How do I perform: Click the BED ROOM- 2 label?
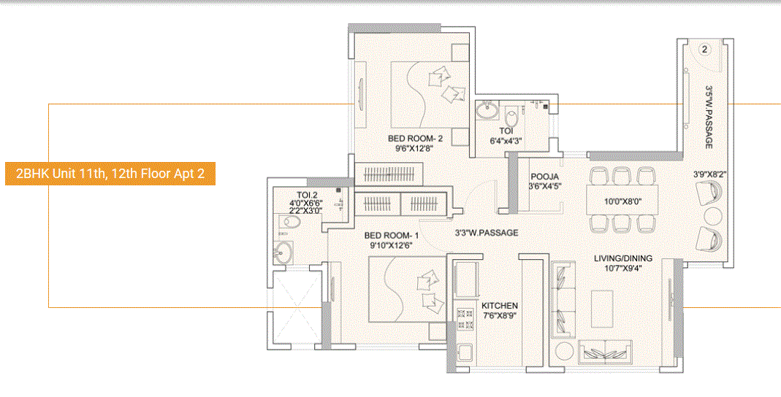[x=416, y=139]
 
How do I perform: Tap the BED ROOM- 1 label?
[x=391, y=235]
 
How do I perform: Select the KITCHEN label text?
[x=500, y=305]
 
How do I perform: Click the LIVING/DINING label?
[x=622, y=258]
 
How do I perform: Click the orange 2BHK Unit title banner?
[x=110, y=174]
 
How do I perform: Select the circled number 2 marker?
[x=704, y=50]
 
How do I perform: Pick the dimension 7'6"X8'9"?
[x=500, y=317]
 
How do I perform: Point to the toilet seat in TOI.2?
[x=285, y=224]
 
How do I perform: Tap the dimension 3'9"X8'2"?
[x=709, y=174]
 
